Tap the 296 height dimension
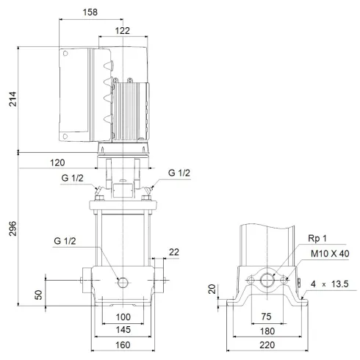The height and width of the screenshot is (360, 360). (11, 227)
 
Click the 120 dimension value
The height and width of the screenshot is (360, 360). (58, 162)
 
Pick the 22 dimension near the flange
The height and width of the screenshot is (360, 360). (173, 252)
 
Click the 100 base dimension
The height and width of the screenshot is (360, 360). (123, 316)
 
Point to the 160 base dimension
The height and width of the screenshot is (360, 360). (123, 344)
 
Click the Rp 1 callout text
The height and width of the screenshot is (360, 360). (319, 238)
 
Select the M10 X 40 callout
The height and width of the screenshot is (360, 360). (328, 253)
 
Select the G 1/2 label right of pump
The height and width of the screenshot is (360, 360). (179, 173)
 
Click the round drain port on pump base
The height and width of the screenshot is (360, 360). (123, 281)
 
